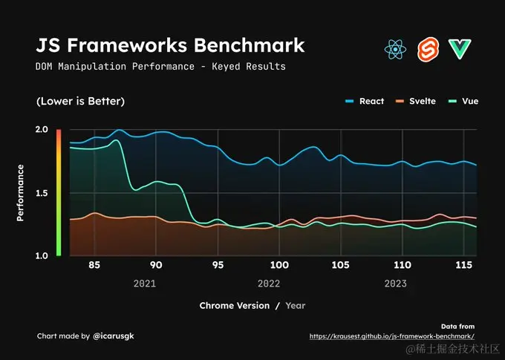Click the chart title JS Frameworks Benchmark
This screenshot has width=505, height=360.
(x=170, y=45)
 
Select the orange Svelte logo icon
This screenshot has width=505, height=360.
(x=429, y=50)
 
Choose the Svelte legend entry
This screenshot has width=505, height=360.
(x=415, y=101)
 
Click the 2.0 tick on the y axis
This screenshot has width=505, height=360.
(x=42, y=130)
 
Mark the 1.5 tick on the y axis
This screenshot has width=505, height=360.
(x=42, y=193)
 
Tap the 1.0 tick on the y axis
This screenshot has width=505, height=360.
(x=42, y=256)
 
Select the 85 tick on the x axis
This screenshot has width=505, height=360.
(x=94, y=265)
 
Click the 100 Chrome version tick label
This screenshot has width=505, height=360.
(x=279, y=265)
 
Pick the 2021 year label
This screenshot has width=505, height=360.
(x=145, y=284)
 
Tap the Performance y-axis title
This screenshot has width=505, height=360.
(x=21, y=193)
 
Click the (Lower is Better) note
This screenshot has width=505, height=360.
(x=80, y=101)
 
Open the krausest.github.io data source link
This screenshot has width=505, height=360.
(x=392, y=336)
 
